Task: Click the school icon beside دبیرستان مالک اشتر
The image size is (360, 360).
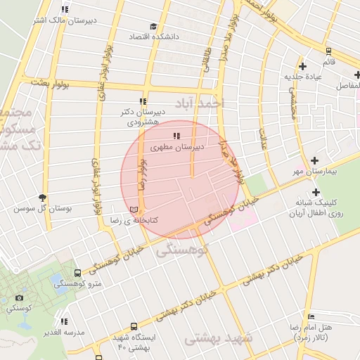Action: pos(65,10)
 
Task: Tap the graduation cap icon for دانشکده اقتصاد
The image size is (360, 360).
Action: pos(153,26)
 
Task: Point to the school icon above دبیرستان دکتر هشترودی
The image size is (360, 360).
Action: pos(143,101)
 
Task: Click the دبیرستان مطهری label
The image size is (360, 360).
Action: pos(179,148)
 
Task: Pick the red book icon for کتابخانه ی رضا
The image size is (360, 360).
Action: pos(134,209)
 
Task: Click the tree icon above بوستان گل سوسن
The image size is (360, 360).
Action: pos(43,198)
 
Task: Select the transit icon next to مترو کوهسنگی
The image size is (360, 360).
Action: pos(76,273)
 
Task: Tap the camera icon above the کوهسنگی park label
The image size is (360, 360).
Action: pos(18,297)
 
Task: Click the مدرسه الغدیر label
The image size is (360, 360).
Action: pos(62,332)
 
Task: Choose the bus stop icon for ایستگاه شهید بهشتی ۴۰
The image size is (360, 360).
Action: pos(134,327)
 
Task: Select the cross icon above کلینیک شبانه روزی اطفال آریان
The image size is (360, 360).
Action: pos(316,192)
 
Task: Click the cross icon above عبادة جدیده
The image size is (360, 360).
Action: pos(302,66)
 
